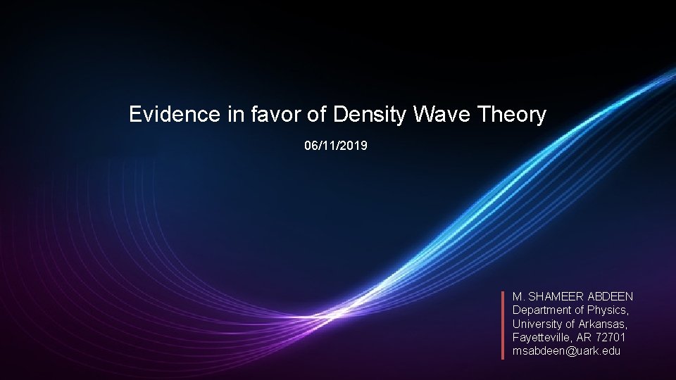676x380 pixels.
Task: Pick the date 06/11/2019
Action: point(336,146)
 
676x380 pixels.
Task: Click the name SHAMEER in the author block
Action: point(551,297)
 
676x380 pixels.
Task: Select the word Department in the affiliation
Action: point(542,310)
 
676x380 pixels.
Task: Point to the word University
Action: point(537,324)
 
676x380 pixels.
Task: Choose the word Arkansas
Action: point(602,324)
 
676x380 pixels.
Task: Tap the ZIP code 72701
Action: point(610,337)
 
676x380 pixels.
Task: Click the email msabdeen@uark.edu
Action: point(566,350)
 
